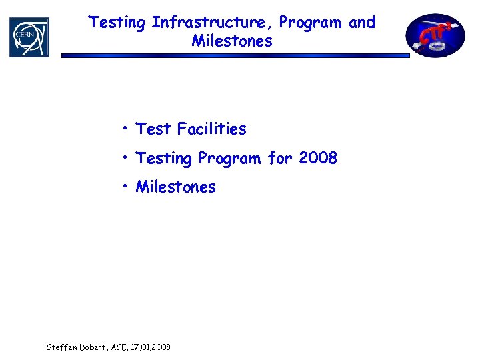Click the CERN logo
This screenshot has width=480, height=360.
29,37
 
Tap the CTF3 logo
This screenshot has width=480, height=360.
437,35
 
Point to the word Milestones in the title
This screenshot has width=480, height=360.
232,41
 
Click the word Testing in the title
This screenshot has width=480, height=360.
117,23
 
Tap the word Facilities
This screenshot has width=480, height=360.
211,129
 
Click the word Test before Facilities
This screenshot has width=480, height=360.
153,129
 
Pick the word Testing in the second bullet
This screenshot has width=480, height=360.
165,159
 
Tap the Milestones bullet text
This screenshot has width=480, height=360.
176,187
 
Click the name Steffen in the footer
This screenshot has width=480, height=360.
61,347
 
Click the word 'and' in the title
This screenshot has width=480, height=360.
362,23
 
